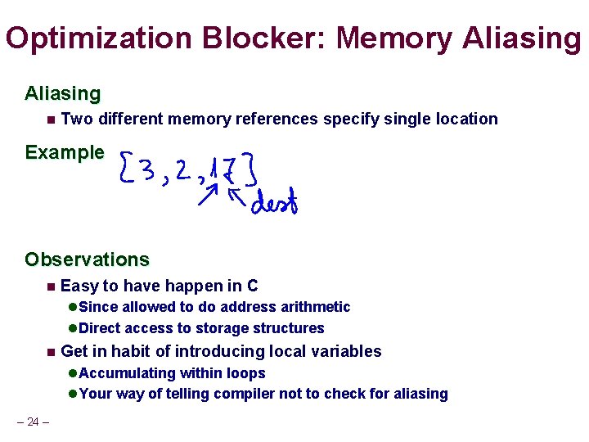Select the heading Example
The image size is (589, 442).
(65, 152)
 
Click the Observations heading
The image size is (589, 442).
(87, 260)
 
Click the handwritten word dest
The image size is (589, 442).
(274, 202)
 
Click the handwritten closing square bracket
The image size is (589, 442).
(253, 169)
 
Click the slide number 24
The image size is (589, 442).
(34, 422)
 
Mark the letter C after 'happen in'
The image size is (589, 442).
(253, 286)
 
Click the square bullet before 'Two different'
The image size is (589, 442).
(51, 120)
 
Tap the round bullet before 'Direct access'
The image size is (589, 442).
(72, 328)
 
